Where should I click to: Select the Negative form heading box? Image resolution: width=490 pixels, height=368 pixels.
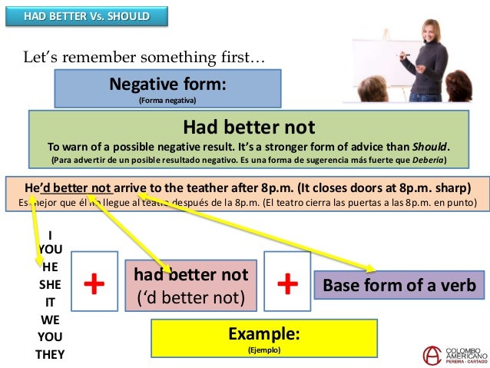[x=167, y=88]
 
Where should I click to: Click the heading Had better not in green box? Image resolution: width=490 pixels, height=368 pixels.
[x=248, y=126]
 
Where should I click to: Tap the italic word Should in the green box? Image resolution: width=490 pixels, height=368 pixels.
[x=431, y=147]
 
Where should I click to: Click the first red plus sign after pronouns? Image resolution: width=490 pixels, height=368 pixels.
[x=94, y=284]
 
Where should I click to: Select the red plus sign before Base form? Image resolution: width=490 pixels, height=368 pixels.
[x=287, y=284]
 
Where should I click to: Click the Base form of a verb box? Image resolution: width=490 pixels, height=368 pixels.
[x=399, y=285]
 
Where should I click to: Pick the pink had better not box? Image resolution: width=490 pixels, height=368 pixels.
[x=190, y=285]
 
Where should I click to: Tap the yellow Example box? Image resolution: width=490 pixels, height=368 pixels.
[x=263, y=339]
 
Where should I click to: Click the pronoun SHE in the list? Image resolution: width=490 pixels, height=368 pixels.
[x=49, y=283]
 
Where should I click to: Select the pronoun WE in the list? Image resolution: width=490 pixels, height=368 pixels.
[x=49, y=319]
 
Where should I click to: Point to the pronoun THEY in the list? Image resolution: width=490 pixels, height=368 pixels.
[x=49, y=354]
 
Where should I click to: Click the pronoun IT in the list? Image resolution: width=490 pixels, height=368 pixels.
[x=49, y=301]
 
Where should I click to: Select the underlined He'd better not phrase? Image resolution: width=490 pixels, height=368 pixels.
[x=68, y=187]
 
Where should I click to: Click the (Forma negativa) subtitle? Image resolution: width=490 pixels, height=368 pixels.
[x=167, y=100]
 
